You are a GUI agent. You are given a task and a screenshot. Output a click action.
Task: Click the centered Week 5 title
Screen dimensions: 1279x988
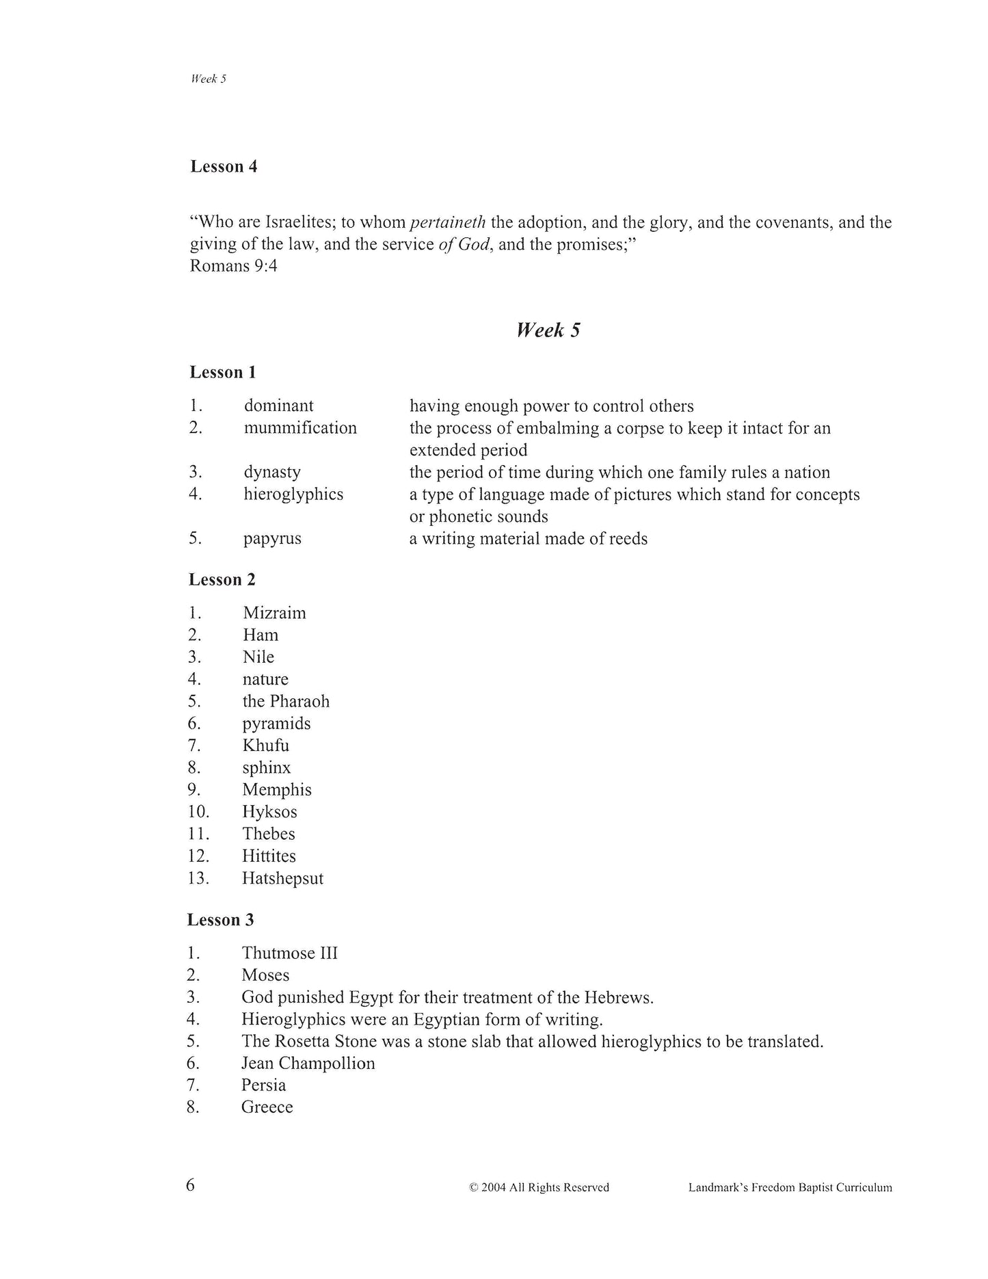pos(548,330)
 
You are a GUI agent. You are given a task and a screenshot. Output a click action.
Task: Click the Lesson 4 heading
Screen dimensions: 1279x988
pos(224,166)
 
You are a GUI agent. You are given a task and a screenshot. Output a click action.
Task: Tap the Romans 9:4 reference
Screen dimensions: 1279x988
pos(233,265)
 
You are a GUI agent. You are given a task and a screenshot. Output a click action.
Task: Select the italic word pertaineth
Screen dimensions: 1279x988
pos(447,222)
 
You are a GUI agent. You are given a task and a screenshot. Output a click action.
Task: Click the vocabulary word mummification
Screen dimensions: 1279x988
pos(300,428)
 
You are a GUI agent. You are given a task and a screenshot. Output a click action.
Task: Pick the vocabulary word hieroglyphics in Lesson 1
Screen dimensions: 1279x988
pos(293,494)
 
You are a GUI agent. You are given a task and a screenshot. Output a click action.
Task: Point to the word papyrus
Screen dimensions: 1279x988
pos(272,538)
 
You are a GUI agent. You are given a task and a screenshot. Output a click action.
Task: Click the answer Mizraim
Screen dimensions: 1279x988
pos(274,613)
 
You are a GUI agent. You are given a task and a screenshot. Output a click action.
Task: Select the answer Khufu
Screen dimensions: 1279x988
pos(265,746)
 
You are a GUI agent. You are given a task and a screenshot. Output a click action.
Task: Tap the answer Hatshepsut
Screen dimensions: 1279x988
pos(282,878)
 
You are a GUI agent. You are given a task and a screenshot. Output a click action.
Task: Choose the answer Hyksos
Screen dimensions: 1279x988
pos(269,812)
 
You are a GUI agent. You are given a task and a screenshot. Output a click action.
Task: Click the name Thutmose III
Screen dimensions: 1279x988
pos(290,953)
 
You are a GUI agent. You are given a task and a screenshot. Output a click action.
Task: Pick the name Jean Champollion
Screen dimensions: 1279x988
pos(308,1064)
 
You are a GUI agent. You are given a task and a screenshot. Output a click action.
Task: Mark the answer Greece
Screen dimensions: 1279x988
pos(267,1107)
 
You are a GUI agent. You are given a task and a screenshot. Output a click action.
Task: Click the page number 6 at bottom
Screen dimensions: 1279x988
pos(191,1185)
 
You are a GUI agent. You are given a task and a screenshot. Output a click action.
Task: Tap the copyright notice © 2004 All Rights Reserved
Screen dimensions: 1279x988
pos(539,1188)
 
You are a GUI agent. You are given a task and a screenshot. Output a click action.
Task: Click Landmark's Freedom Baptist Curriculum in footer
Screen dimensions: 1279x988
pos(790,1188)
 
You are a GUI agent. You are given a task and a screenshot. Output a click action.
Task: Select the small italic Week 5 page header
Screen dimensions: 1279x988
pos(209,79)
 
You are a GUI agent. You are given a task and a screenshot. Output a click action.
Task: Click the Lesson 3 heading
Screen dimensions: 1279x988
pos(220,920)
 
